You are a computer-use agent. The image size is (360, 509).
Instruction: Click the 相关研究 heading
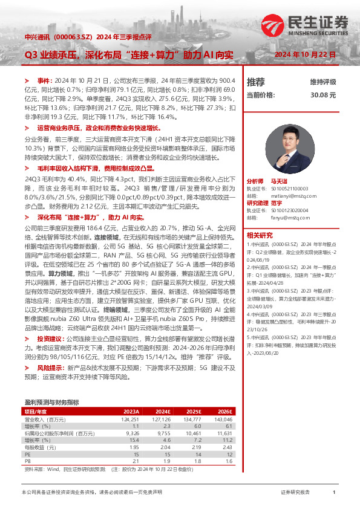coord(260,235)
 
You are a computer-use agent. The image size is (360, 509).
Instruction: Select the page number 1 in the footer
coord(334,493)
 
